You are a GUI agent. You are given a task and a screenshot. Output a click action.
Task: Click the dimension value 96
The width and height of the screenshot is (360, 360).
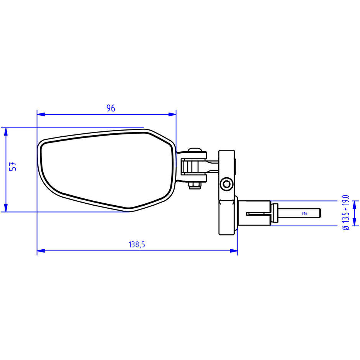coord(111,108)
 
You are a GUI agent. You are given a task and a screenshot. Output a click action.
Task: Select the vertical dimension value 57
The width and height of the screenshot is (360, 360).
coord(13,166)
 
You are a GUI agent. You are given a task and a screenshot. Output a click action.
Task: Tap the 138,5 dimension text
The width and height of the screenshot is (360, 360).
coord(137,244)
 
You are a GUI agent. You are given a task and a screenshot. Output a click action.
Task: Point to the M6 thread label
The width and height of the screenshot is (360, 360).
coord(305,214)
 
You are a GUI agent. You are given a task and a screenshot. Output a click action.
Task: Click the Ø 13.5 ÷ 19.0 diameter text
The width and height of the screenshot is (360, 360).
coord(346,213)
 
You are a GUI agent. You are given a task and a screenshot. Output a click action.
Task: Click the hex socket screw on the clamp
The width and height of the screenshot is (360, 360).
coord(226,184)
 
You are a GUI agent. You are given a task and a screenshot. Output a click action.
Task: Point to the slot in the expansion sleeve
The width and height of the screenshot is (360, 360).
coord(258,214)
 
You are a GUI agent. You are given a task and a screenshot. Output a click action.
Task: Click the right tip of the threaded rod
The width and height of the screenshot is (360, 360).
coord(320,213)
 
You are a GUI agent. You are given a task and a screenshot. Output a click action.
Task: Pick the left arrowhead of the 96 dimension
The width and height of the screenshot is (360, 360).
coord(41,115)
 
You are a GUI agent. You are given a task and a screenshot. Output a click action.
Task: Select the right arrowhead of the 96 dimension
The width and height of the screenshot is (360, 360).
coord(172,115)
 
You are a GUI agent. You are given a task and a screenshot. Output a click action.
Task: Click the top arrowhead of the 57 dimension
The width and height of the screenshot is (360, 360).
coord(6,132)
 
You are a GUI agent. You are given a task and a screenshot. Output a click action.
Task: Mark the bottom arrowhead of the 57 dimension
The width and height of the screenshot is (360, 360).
coord(6,208)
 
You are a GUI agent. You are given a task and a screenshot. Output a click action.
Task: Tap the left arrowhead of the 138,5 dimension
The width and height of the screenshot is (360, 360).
coord(41,251)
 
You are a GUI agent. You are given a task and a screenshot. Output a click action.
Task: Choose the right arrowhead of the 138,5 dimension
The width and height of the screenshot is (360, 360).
coord(234,251)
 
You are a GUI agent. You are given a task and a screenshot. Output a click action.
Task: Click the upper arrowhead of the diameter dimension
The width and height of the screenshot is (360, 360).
coord(355,205)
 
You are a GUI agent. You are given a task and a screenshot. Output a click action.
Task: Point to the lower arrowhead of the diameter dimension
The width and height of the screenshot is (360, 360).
coord(355,222)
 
